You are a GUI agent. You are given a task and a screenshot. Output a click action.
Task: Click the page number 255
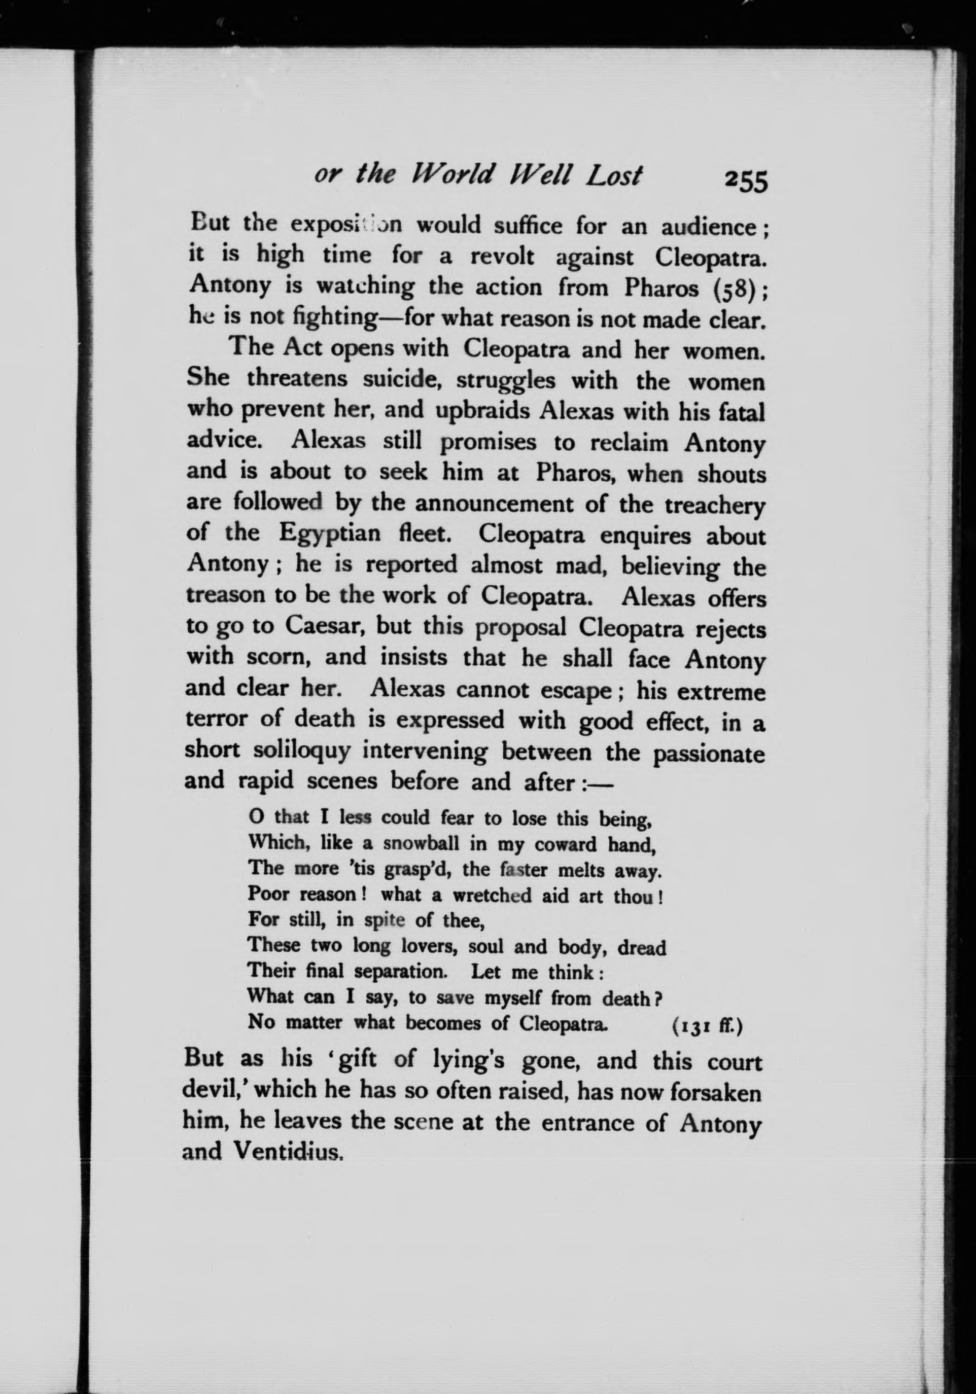(746, 181)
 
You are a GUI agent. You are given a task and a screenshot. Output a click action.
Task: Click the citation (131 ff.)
(707, 1025)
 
